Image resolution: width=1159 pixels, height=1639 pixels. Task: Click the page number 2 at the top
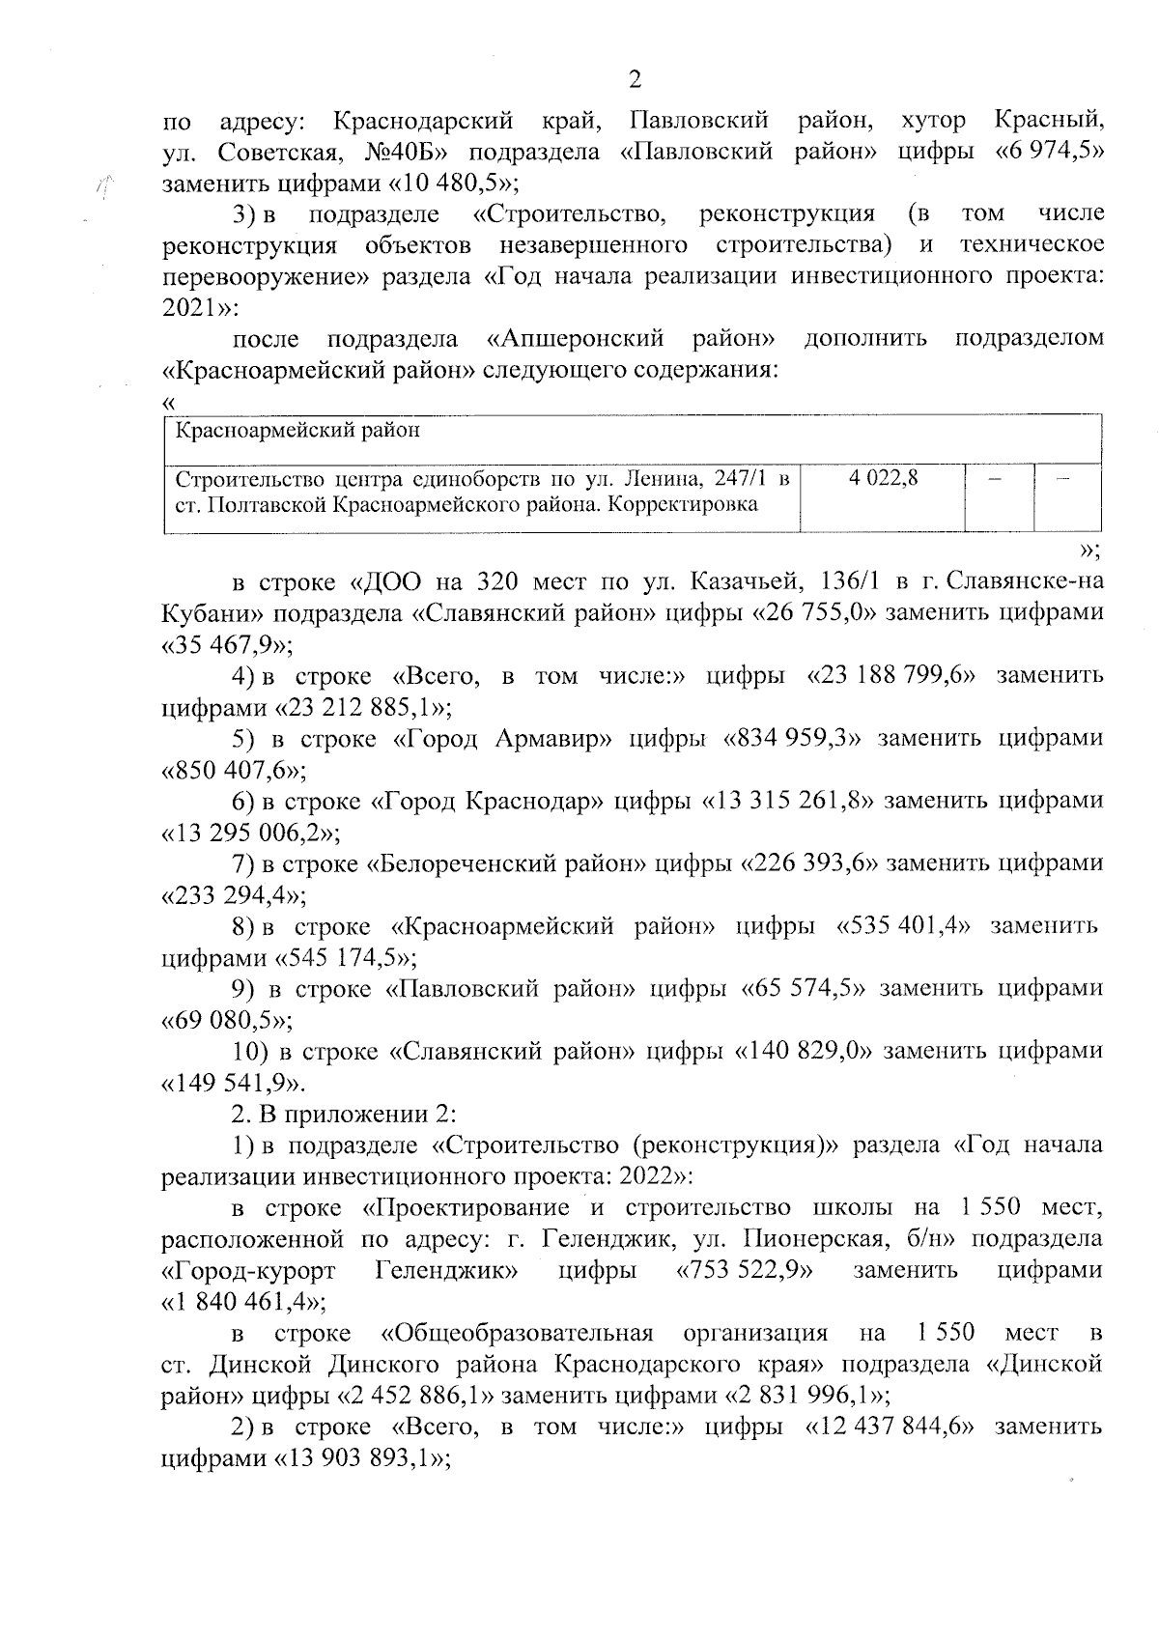click(635, 80)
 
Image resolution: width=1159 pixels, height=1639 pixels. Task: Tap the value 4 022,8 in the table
click(884, 477)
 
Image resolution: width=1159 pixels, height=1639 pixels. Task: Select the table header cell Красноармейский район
click(297, 431)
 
